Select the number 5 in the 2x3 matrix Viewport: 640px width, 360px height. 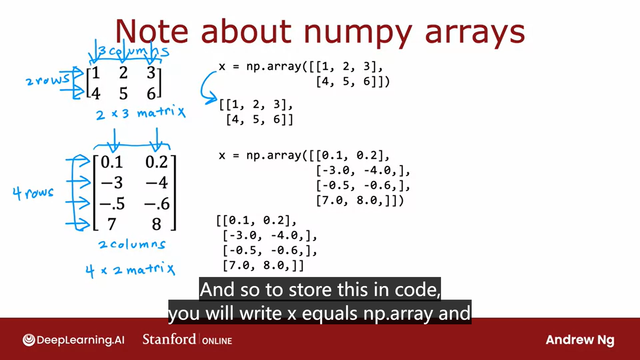tap(123, 94)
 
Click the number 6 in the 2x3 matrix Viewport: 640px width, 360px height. tap(151, 94)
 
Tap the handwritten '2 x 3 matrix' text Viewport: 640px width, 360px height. tap(140, 113)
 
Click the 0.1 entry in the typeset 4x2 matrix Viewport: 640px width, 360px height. tap(112, 162)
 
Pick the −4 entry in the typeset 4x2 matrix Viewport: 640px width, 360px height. tap(156, 183)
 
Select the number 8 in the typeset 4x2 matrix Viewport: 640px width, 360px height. tap(156, 224)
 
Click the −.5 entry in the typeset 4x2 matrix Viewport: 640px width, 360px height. tap(112, 203)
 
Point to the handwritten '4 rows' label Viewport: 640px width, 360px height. tap(33, 193)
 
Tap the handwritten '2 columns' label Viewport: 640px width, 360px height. tap(132, 245)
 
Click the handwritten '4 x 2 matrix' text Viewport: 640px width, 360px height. tap(130, 269)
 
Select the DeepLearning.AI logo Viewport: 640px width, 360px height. tap(73, 340)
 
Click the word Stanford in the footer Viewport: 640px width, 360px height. tap(169, 339)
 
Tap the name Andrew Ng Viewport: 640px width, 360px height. tap(580, 340)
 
